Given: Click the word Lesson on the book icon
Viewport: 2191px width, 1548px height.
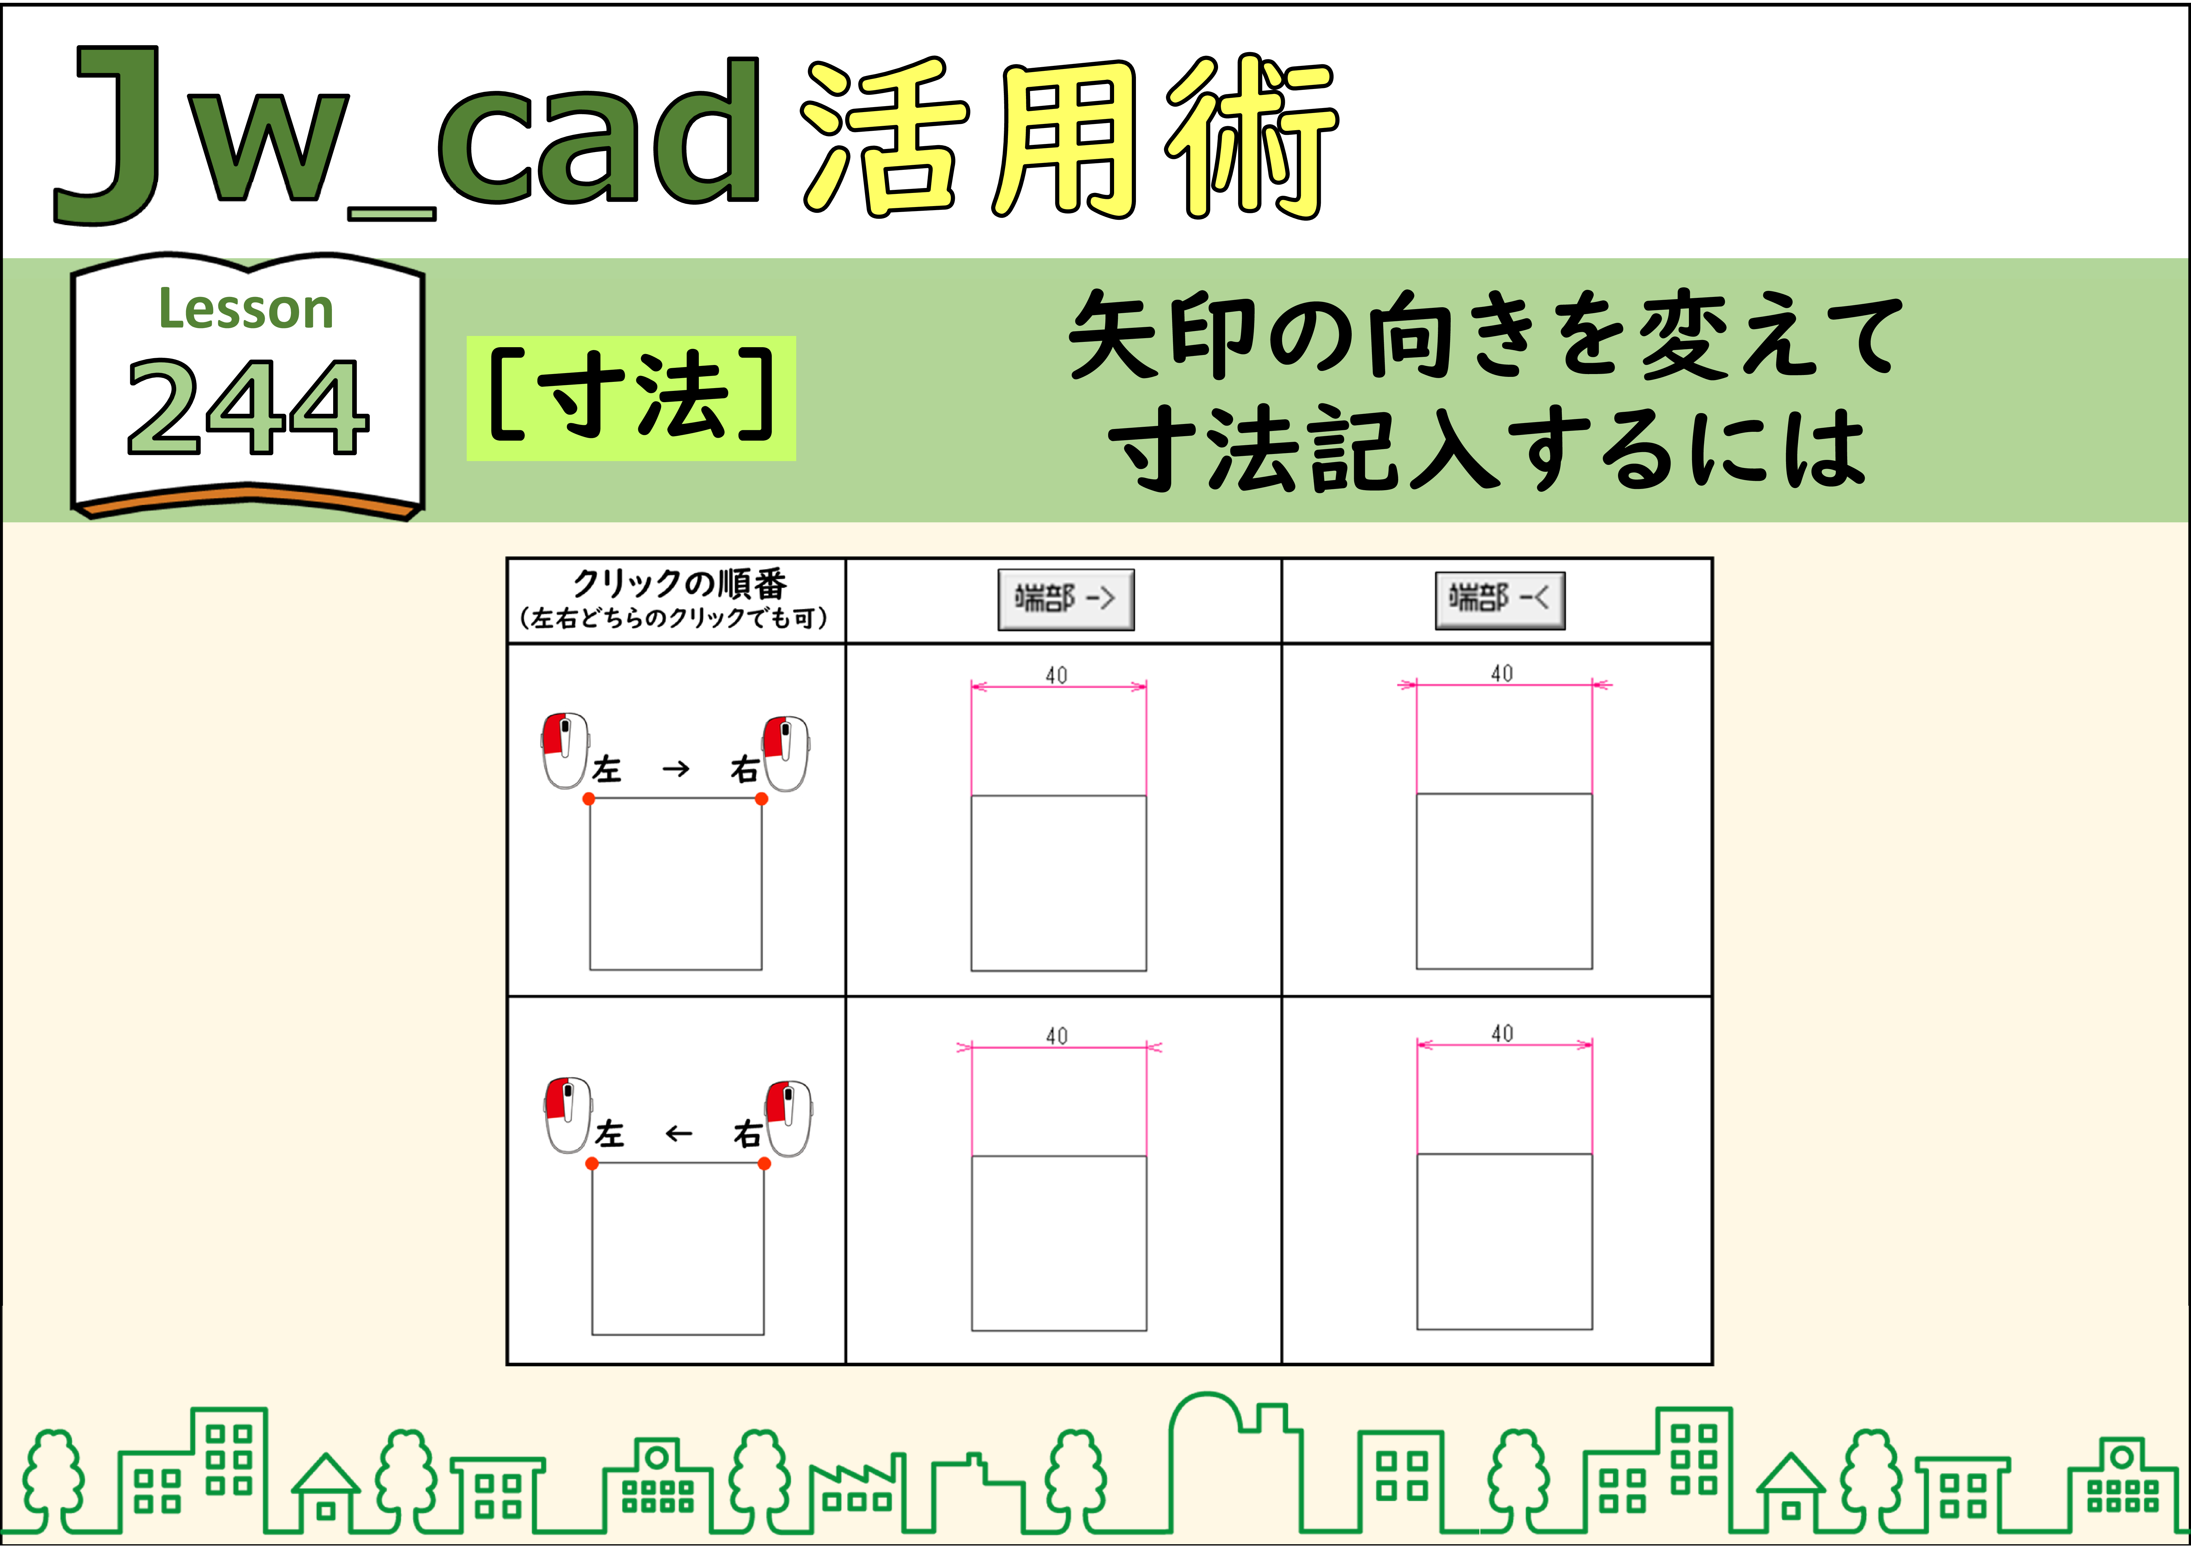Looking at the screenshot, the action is pyautogui.click(x=246, y=309).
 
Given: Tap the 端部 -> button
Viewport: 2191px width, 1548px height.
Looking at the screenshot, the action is pyautogui.click(x=1066, y=599).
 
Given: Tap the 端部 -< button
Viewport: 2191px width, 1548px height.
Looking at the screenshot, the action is pyautogui.click(x=1500, y=599).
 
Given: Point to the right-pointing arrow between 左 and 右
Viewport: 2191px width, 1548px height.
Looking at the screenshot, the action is pyautogui.click(x=676, y=768).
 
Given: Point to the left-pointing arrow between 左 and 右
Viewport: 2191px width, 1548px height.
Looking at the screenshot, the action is pyautogui.click(x=679, y=1134).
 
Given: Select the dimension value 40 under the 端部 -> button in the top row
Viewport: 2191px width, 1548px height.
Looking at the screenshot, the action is pyautogui.click(x=1056, y=675).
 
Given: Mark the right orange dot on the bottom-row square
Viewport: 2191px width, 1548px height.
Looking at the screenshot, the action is pyautogui.click(x=764, y=1163).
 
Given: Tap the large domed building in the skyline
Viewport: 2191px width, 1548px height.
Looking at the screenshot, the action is pyautogui.click(x=1236, y=1465).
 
